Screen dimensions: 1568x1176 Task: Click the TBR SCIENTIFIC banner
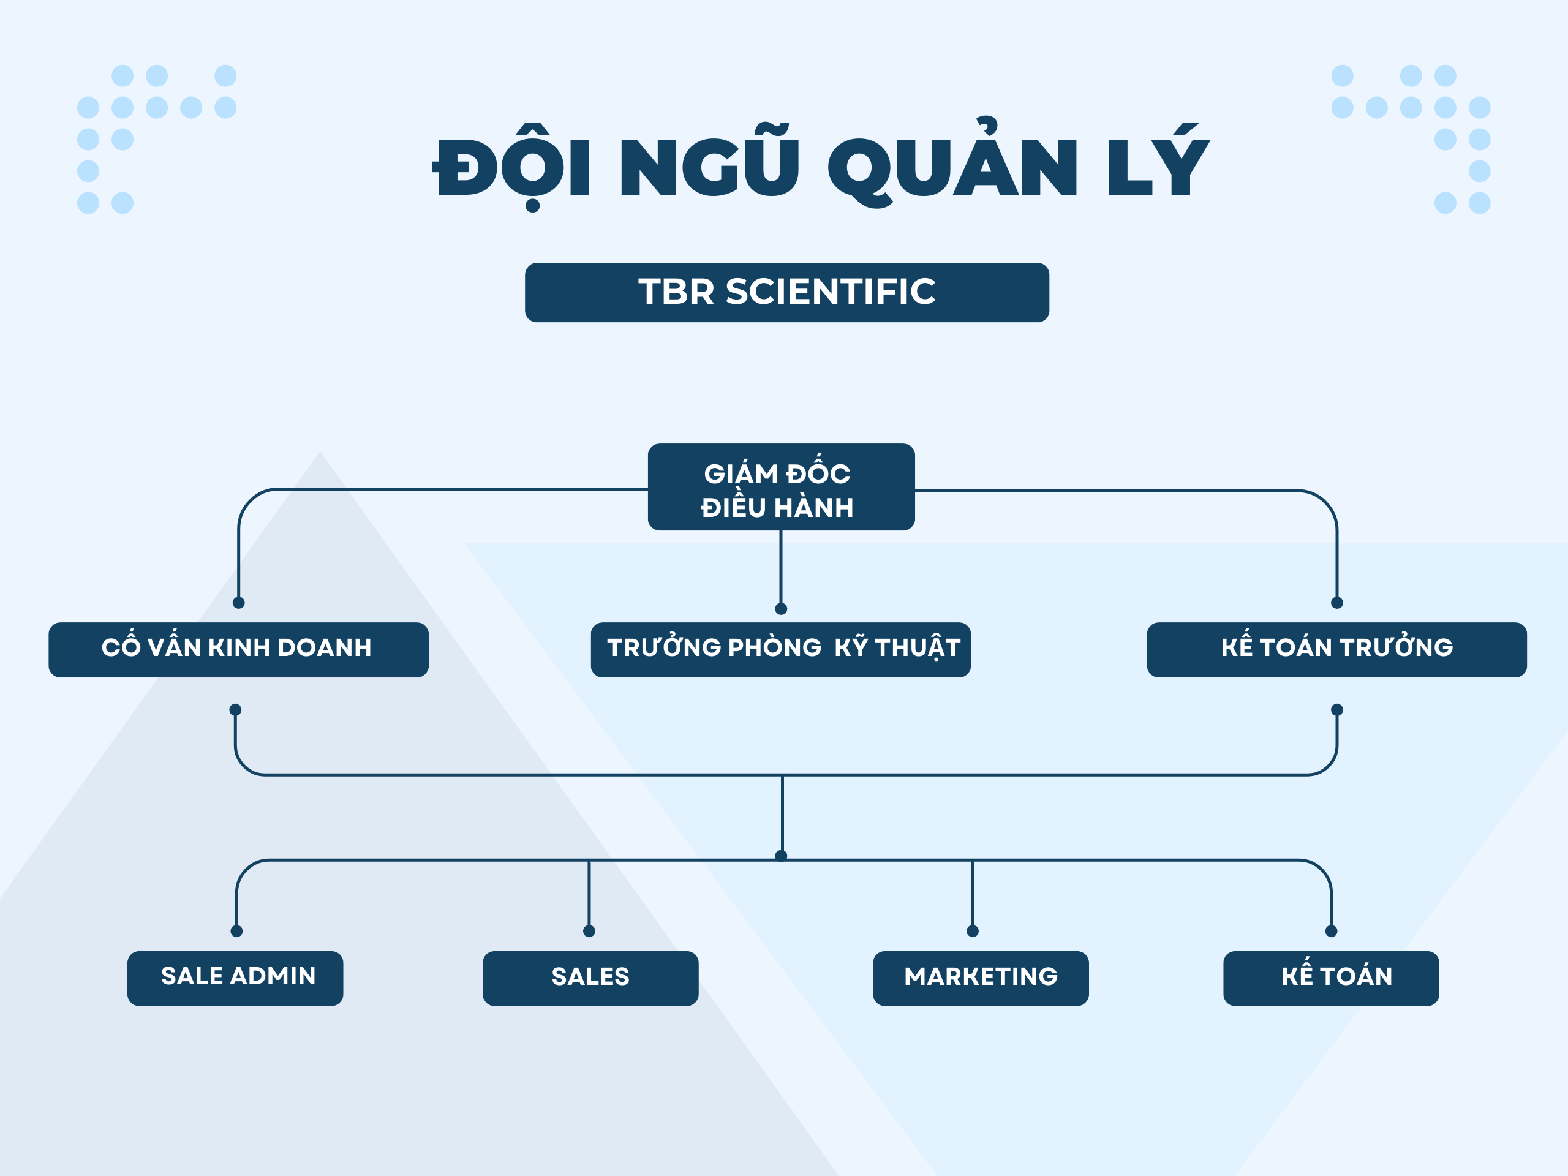(x=787, y=292)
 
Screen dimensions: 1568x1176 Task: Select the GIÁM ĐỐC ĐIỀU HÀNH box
(x=781, y=487)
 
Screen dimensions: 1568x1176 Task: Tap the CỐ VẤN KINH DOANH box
(x=238, y=650)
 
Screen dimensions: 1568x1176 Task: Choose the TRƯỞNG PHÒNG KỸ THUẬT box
(x=780, y=650)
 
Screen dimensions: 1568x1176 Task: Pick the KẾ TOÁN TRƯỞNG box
(x=1337, y=650)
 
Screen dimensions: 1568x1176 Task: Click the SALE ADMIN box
(x=235, y=978)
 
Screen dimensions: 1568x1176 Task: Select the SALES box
(x=590, y=978)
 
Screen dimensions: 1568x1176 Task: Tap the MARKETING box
(x=981, y=978)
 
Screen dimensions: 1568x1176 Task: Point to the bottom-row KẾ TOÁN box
(x=1331, y=978)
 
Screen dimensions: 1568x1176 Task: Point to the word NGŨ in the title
(x=710, y=161)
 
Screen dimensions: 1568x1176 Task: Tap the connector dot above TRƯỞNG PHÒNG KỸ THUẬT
(x=781, y=609)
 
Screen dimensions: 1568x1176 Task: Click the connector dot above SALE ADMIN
(x=237, y=931)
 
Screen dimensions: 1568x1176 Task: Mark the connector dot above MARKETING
(x=973, y=931)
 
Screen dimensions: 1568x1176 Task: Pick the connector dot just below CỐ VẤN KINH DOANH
(x=235, y=709)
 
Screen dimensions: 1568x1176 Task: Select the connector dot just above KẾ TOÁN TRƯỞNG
(x=1337, y=603)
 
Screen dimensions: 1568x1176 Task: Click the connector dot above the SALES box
(x=589, y=931)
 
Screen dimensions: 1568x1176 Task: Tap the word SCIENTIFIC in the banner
(x=831, y=292)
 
